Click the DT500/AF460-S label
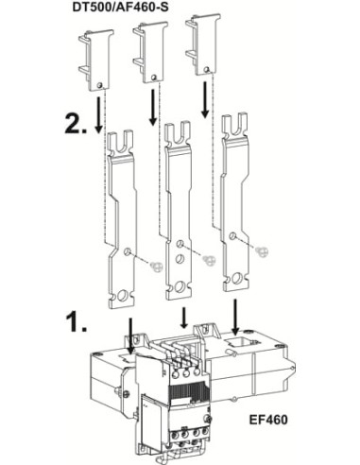120,7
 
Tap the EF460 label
268,420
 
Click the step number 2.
76,124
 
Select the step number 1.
77,322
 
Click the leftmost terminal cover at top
96,60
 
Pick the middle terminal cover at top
150,52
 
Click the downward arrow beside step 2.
99,114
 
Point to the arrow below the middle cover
153,108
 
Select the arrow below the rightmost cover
206,99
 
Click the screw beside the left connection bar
157,267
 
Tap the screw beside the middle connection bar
210,260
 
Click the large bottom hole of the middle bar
180,287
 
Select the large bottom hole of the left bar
122,295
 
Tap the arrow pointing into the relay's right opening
235,317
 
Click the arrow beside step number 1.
131,336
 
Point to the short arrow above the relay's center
184,318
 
